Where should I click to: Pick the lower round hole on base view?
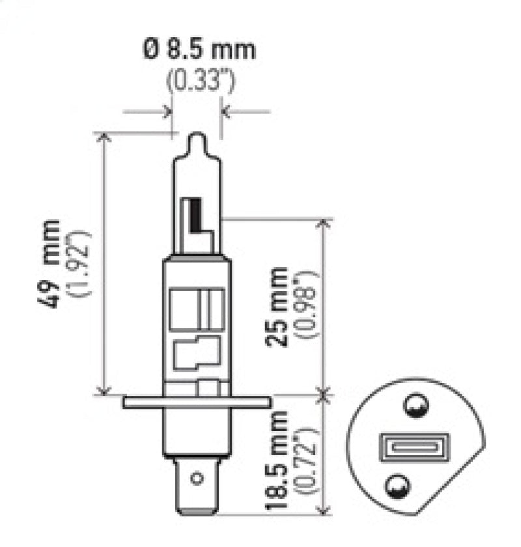397,485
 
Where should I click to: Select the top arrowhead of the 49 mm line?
103,136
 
